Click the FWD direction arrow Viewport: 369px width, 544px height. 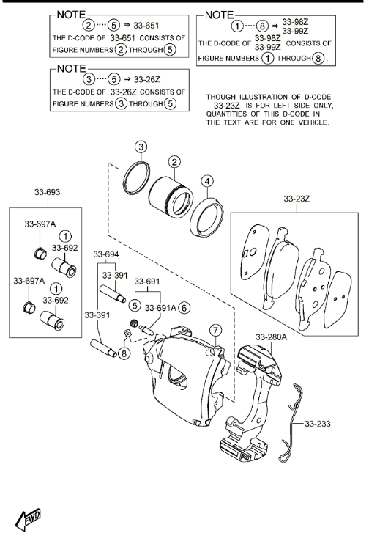[x=27, y=519]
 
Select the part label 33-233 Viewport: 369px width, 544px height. [x=317, y=424]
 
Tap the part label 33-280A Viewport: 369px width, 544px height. [x=272, y=337]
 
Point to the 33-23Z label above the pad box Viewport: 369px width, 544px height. [x=297, y=199]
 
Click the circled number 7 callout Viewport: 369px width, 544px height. [x=215, y=330]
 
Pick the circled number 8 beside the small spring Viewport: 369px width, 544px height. [x=124, y=353]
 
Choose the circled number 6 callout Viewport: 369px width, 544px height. [x=184, y=308]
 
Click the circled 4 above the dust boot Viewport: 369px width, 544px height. [x=207, y=181]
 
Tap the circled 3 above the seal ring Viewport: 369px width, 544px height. [x=141, y=147]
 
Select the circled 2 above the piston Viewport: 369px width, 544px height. [x=174, y=162]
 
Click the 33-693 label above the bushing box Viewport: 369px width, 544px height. [x=47, y=192]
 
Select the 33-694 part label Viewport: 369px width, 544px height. [x=106, y=254]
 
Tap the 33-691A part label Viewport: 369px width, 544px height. [x=160, y=308]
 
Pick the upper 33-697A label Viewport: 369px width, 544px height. [x=40, y=224]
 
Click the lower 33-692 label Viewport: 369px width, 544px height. [x=56, y=300]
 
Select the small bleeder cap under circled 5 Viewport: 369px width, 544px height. [x=134, y=323]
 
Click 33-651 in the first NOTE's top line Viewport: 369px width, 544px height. [x=146, y=26]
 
